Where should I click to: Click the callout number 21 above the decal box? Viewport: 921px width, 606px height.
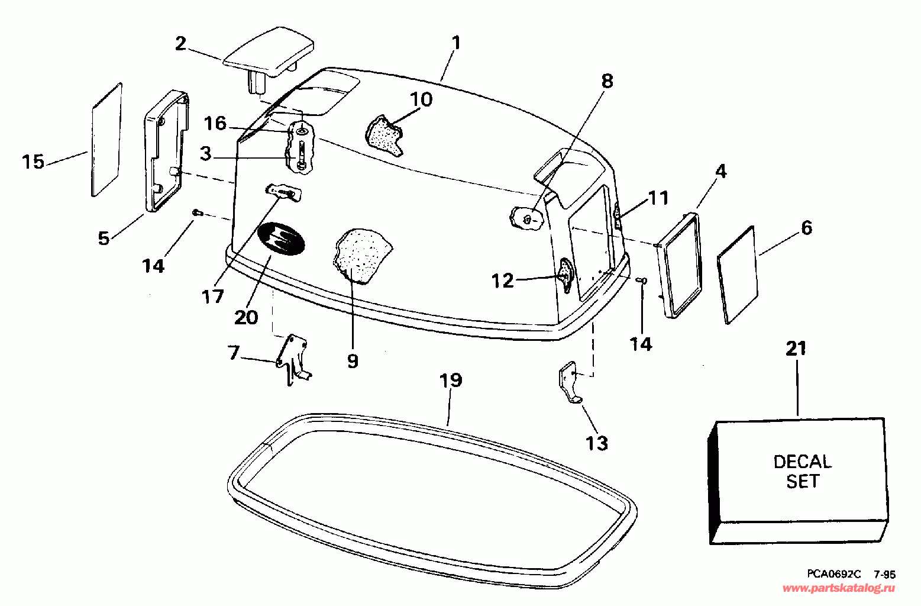pyautogui.click(x=796, y=349)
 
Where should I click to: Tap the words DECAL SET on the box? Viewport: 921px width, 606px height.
pyautogui.click(x=802, y=471)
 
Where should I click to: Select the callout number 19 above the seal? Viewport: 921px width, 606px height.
pyautogui.click(x=451, y=380)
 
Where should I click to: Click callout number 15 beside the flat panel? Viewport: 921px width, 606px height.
pyautogui.click(x=33, y=161)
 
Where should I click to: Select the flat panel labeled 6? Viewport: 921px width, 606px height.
pyautogui.click(x=737, y=275)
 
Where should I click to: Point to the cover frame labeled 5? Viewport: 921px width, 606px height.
pyautogui.click(x=166, y=152)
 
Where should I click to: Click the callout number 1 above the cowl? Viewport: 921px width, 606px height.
pyautogui.click(x=455, y=43)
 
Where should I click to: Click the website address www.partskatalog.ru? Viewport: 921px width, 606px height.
pyautogui.click(x=839, y=588)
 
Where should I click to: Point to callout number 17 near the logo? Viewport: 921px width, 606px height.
pyautogui.click(x=213, y=296)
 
